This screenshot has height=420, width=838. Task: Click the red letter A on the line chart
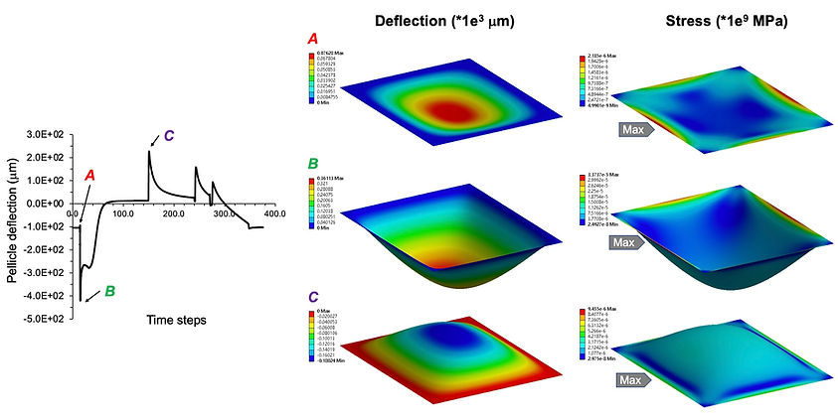tap(90, 175)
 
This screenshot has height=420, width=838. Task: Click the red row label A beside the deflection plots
tap(314, 41)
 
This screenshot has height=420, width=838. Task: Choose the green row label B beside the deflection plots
tap(314, 163)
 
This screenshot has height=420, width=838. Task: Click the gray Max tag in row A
tap(632, 128)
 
